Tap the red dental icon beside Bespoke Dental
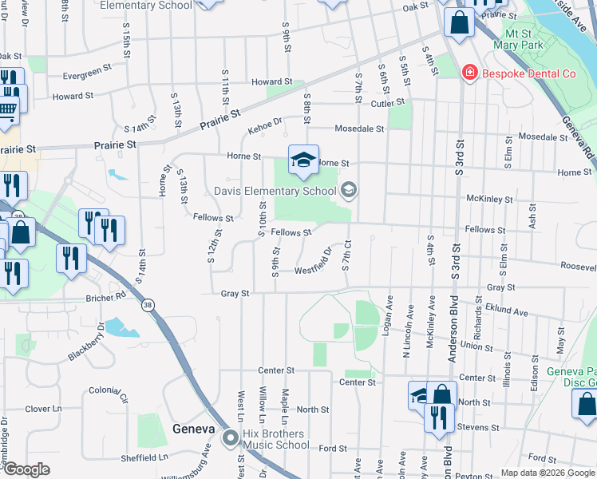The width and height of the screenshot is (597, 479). (x=470, y=73)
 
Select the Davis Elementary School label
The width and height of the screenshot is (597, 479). (x=275, y=191)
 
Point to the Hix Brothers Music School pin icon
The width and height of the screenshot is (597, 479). (x=231, y=437)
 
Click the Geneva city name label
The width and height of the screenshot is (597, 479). (x=194, y=429)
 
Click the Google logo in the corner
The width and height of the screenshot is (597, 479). (x=26, y=469)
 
